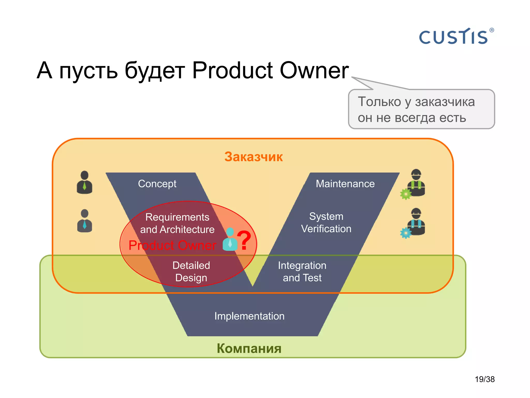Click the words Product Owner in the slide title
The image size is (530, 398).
(270, 70)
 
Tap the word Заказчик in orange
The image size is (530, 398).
(253, 157)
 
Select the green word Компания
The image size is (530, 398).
(249, 348)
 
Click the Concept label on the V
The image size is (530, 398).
(157, 184)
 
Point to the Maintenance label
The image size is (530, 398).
(345, 184)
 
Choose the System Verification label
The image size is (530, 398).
(326, 223)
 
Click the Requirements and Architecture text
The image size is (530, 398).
(177, 223)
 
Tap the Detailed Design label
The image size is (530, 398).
(191, 271)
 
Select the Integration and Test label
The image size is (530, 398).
(302, 271)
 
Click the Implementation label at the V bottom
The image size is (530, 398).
(249, 316)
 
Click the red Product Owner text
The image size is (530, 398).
(172, 245)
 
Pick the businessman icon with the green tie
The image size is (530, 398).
(84, 182)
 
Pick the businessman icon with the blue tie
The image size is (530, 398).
(84, 221)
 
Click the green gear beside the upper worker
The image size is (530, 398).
(406, 194)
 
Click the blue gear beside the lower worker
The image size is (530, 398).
(406, 233)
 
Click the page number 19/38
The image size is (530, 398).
(484, 379)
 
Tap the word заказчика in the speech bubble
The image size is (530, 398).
(445, 102)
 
